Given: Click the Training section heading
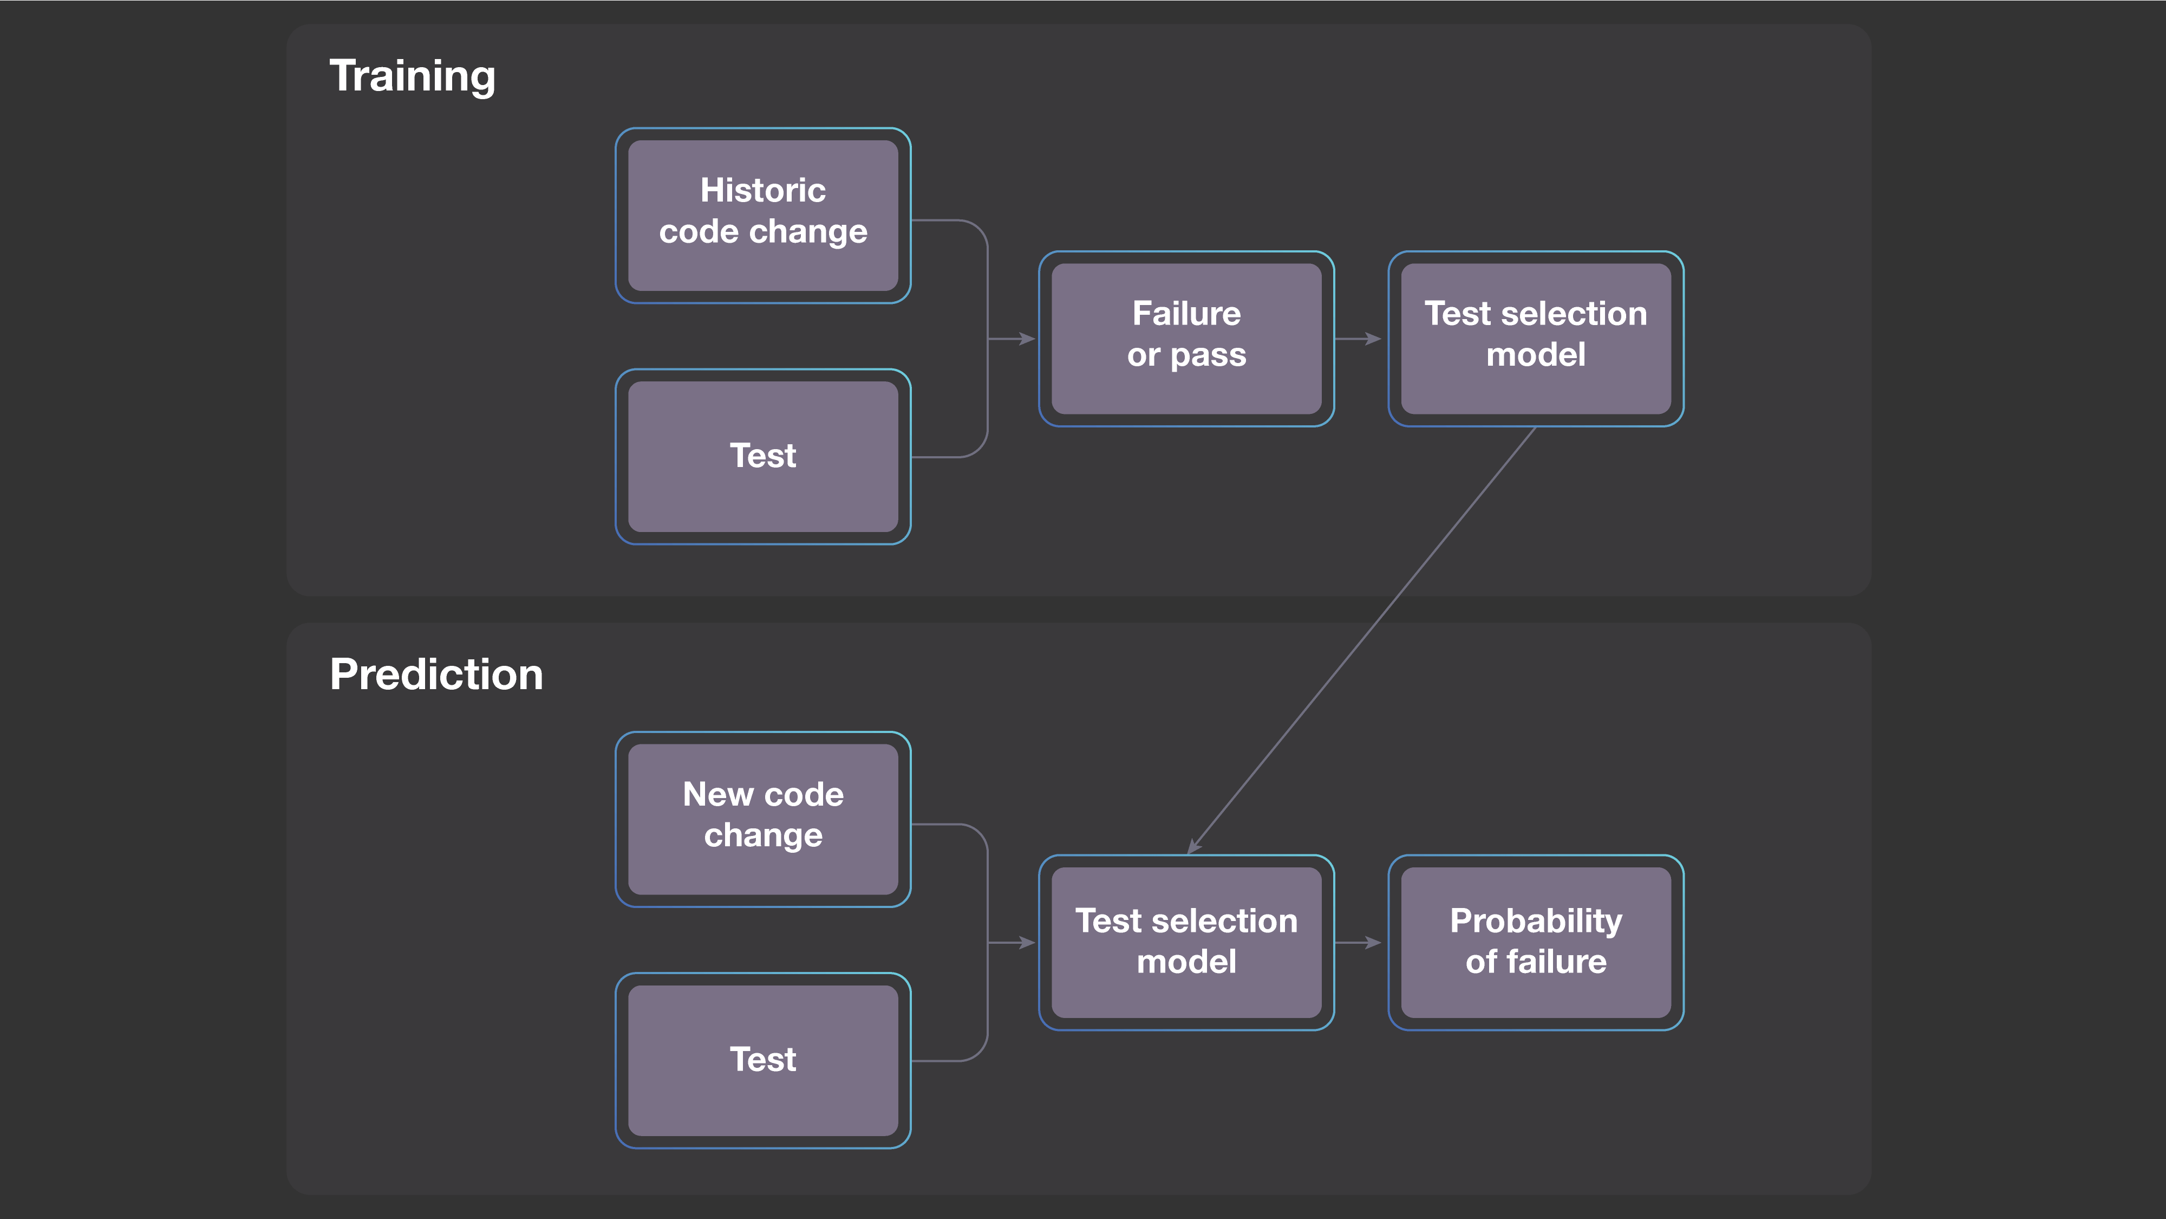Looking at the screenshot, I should [412, 76].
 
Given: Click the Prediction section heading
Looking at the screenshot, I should [435, 675].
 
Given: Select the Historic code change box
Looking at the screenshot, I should [762, 216].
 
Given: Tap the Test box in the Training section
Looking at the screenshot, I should [762, 457].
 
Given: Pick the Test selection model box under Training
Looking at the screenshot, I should [1535, 338].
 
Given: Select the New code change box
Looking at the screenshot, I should [762, 819].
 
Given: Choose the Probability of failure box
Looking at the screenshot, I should [1535, 942].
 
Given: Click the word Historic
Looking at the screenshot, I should [762, 191].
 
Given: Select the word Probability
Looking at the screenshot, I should [1535, 921].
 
